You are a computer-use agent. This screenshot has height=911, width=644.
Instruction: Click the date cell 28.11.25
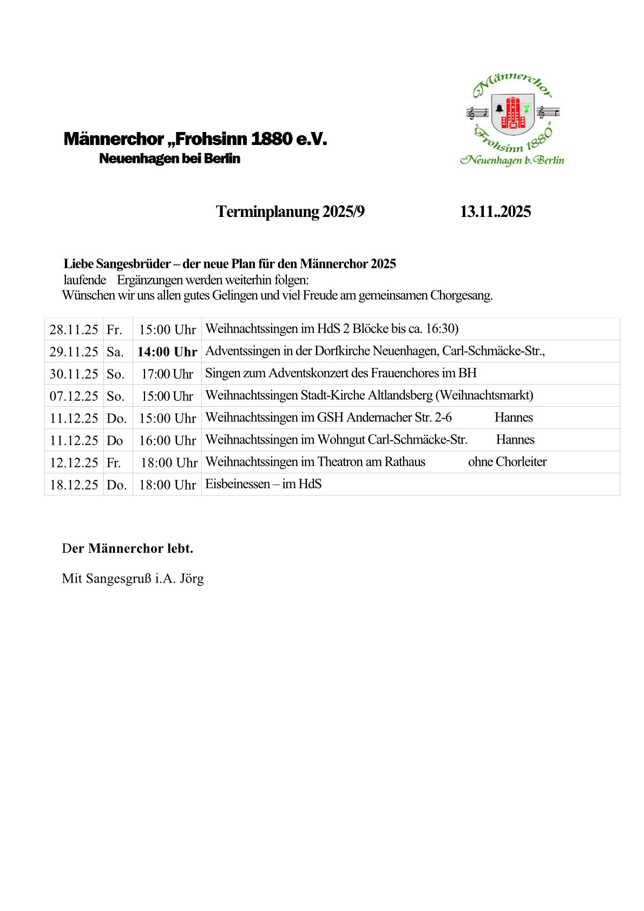pyautogui.click(x=74, y=329)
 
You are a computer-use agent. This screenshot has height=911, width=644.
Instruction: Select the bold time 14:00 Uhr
pyautogui.click(x=167, y=352)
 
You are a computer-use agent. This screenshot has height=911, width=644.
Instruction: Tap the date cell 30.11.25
pyautogui.click(x=74, y=374)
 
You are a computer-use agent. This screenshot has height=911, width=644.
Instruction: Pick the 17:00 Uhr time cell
pyautogui.click(x=167, y=374)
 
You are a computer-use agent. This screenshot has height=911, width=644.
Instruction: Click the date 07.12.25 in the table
pyautogui.click(x=74, y=396)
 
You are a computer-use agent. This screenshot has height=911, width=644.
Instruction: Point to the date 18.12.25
pyautogui.click(x=74, y=485)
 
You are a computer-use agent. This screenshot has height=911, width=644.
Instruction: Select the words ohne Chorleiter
pyautogui.click(x=507, y=461)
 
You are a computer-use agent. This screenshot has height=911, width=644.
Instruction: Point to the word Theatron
pyautogui.click(x=340, y=461)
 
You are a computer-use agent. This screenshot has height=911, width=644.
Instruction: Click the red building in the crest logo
pyautogui.click(x=512, y=113)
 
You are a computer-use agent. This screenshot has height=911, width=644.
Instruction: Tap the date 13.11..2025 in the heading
pyautogui.click(x=495, y=212)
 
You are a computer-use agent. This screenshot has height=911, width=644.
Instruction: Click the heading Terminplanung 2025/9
pyautogui.click(x=290, y=212)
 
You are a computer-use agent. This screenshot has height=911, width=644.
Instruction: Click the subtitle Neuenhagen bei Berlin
pyautogui.click(x=169, y=159)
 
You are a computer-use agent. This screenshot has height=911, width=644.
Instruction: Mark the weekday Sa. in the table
pyautogui.click(x=115, y=352)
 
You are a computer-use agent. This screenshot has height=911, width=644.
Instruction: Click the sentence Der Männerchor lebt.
pyautogui.click(x=128, y=549)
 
